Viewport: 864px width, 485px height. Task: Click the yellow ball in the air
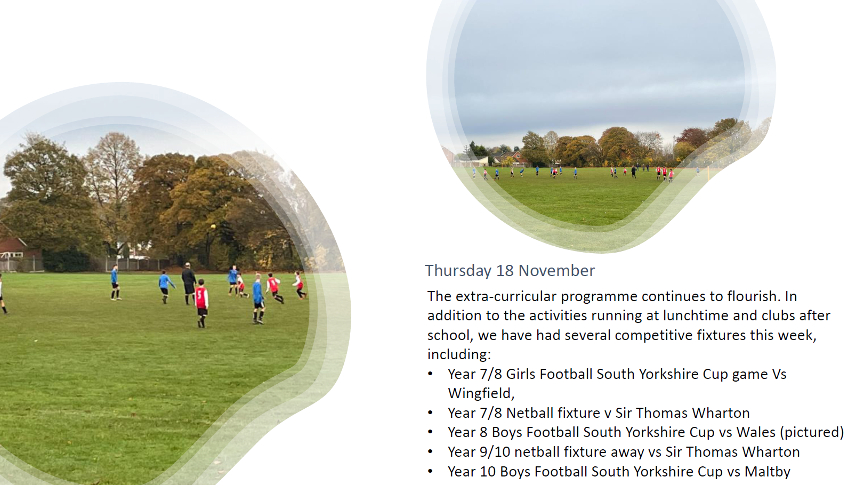tap(213, 227)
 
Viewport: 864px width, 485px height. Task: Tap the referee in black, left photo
tap(189, 283)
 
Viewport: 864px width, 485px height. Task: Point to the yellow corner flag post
tap(708, 173)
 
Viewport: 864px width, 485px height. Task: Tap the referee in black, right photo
tap(633, 172)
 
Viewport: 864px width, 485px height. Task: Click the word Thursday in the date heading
tap(458, 271)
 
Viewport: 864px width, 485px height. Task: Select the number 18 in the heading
tap(505, 270)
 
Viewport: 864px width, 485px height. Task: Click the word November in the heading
tap(556, 270)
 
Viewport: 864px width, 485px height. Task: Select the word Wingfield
tap(481, 393)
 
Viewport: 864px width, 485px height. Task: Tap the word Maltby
tap(767, 472)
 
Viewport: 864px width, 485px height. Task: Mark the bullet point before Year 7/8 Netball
tap(431, 413)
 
